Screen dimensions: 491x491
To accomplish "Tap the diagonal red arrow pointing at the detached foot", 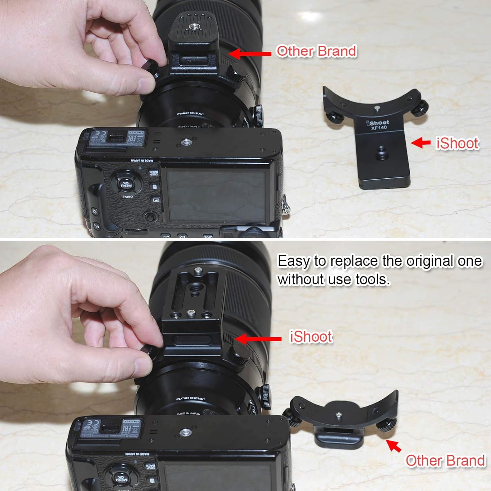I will pos(393,446).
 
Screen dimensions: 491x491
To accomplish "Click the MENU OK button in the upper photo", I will pos(124,184).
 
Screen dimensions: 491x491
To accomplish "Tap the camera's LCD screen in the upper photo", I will pos(216,195).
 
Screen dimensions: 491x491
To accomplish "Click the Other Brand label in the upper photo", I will pos(316,51).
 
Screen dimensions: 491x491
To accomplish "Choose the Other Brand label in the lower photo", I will pos(445,461).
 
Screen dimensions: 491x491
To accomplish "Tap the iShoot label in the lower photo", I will pos(311,337).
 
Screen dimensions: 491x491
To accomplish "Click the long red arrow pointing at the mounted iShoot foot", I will pos(258,339).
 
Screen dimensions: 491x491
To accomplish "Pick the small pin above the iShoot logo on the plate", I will pos(376,107).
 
